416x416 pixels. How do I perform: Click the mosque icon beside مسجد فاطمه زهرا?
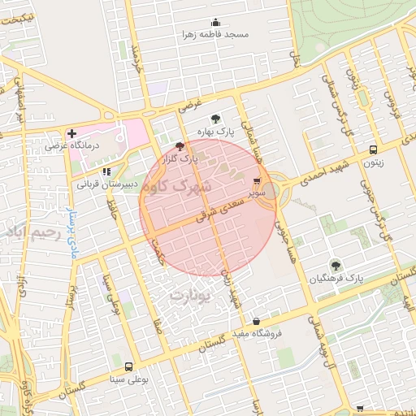(x=215, y=23)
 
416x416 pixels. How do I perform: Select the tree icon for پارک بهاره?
(x=214, y=119)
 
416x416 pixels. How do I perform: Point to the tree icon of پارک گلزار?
(x=180, y=146)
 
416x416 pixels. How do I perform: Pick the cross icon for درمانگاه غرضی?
(x=72, y=132)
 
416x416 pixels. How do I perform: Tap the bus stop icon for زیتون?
(x=373, y=149)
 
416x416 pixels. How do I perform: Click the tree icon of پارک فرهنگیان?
(x=335, y=265)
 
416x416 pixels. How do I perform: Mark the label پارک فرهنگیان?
(x=336, y=278)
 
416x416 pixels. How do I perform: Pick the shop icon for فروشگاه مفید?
(x=257, y=321)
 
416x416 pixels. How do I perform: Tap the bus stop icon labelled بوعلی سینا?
(x=128, y=367)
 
